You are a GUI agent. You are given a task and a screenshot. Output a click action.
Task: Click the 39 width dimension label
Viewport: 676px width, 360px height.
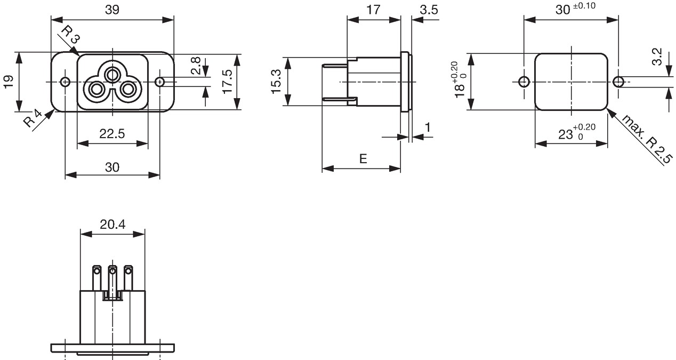pyautogui.click(x=112, y=10)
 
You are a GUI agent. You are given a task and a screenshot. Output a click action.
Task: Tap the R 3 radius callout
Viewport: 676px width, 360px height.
pyautogui.click(x=71, y=34)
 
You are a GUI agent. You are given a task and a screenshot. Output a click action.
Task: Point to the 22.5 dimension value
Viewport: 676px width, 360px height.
pyautogui.click(x=112, y=133)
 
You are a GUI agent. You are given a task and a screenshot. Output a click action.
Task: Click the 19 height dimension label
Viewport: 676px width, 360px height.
pyautogui.click(x=9, y=82)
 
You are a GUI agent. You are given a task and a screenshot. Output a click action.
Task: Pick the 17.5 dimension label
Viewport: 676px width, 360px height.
pyautogui.click(x=227, y=82)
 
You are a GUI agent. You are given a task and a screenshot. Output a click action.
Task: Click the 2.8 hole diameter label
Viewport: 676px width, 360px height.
pyautogui.click(x=196, y=66)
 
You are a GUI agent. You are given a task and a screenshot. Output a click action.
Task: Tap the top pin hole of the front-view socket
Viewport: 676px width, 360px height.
pyautogui.click(x=112, y=74)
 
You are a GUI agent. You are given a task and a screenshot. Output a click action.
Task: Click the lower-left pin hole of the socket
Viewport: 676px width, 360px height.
pyautogui.click(x=96, y=90)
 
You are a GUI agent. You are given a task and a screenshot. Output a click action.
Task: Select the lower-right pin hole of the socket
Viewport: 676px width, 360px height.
pyautogui.click(x=128, y=90)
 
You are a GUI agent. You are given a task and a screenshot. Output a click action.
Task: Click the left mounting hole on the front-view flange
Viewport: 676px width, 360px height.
pyautogui.click(x=65, y=82)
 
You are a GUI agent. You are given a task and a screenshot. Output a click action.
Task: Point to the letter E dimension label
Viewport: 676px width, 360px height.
pyautogui.click(x=363, y=158)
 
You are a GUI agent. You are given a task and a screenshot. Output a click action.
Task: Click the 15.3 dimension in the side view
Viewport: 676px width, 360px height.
pyautogui.click(x=276, y=82)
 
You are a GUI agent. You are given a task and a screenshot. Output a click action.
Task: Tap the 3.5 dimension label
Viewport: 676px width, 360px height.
pyautogui.click(x=429, y=10)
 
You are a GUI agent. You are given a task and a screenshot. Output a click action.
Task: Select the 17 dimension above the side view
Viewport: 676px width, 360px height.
pyautogui.click(x=373, y=10)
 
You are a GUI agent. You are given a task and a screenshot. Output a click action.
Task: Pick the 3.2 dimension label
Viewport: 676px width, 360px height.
pyautogui.click(x=657, y=57)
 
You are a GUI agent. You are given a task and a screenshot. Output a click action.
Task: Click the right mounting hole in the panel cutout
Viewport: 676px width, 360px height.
pyautogui.click(x=618, y=82)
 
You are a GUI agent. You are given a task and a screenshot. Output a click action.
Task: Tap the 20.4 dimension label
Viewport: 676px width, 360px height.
pyautogui.click(x=112, y=225)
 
